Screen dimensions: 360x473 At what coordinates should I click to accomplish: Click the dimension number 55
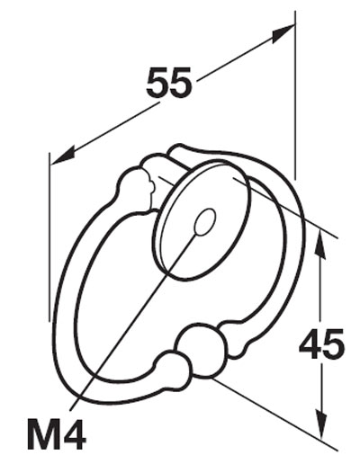click(x=169, y=82)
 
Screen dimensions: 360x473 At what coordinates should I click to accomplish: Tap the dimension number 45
click(x=321, y=344)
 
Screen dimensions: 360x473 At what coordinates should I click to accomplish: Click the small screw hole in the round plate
click(x=205, y=222)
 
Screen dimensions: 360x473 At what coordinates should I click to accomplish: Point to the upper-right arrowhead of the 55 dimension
click(x=283, y=34)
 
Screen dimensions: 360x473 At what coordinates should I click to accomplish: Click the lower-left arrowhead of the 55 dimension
click(x=63, y=155)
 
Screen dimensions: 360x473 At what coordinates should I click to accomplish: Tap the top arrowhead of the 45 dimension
click(x=319, y=244)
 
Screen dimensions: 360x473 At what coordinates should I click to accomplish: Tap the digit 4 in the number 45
click(x=310, y=344)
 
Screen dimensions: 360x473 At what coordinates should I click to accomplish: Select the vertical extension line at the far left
click(x=49, y=237)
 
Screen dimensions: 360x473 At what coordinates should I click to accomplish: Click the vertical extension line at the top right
click(x=295, y=95)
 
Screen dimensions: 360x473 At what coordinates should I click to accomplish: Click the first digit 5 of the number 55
click(x=157, y=82)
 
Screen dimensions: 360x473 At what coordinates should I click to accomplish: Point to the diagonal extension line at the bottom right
click(x=274, y=415)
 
